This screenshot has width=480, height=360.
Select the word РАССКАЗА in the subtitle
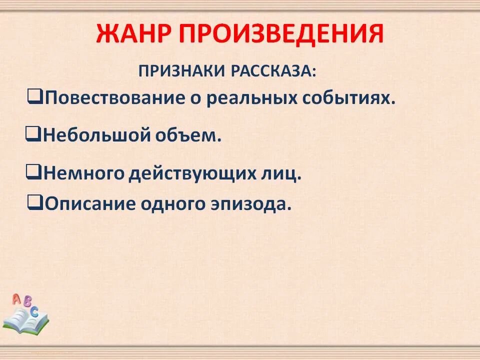pos(273,70)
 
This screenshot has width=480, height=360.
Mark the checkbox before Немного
pos(33,172)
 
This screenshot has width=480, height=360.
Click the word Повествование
pos(115,97)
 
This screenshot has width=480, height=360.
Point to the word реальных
pos(252,97)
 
